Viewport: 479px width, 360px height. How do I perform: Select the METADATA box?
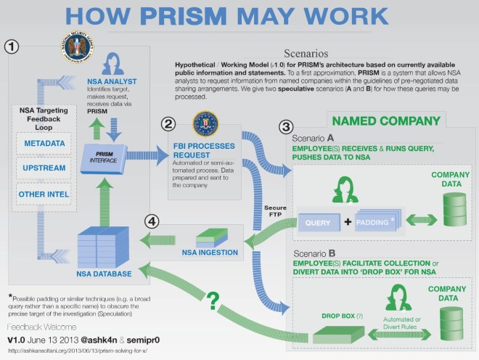click(x=46, y=144)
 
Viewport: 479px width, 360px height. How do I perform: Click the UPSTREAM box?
click(x=46, y=168)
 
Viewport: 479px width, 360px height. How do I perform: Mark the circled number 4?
click(x=150, y=221)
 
